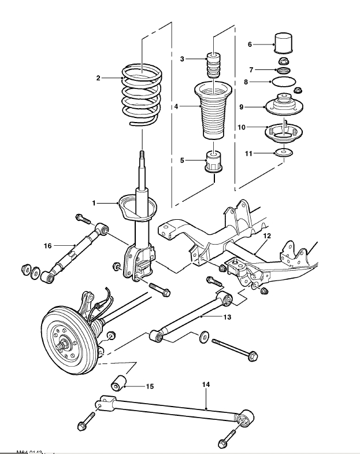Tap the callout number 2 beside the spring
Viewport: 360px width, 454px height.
99,77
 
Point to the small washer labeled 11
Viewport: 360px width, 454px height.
267,236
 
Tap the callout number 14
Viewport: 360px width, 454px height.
120,382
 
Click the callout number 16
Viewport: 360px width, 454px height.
48,246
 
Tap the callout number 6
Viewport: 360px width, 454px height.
250,44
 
